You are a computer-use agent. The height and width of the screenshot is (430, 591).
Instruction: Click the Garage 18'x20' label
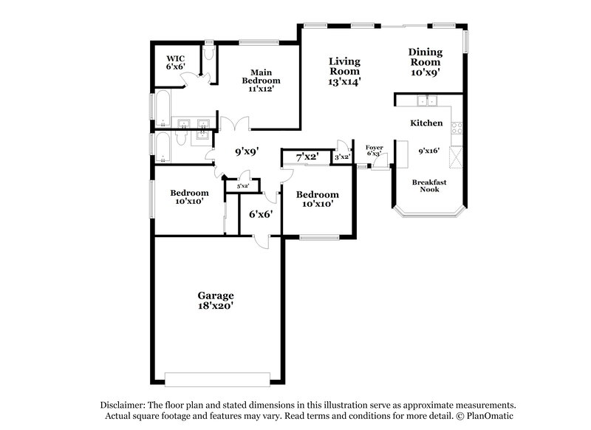(215, 300)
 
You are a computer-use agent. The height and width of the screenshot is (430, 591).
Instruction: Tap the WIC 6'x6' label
(175, 62)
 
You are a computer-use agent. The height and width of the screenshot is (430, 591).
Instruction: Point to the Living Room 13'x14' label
(344, 72)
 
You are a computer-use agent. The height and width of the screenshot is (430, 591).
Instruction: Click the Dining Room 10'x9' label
(426, 62)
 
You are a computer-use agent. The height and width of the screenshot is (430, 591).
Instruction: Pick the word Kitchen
(426, 123)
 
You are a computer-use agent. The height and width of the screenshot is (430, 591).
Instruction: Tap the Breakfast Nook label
(429, 185)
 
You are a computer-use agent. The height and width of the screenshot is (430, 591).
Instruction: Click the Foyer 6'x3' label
(375, 151)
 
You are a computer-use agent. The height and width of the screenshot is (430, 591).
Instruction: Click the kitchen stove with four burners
(457, 128)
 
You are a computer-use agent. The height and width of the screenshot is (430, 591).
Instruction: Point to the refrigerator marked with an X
(456, 157)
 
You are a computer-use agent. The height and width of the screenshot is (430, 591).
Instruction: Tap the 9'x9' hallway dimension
(247, 152)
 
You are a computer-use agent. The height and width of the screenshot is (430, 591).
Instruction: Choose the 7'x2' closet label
(307, 157)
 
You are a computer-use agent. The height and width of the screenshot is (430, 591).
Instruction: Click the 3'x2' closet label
(341, 157)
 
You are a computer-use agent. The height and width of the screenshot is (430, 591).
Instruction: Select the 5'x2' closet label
(242, 186)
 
